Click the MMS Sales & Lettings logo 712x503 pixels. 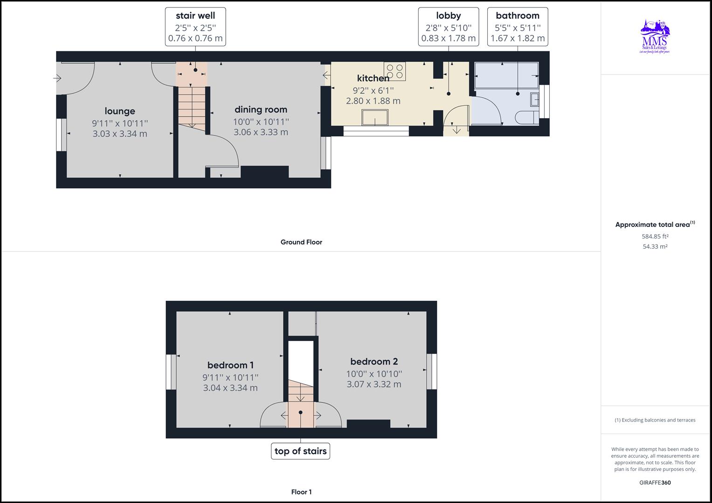[x=655, y=37]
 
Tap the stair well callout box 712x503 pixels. [x=195, y=27]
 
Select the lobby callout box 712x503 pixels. [x=448, y=27]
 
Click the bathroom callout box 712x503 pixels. [x=518, y=27]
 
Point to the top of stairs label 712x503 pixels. [x=300, y=451]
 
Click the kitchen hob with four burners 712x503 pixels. [x=394, y=71]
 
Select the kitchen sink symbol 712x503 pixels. [x=375, y=117]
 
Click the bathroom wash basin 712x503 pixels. [x=535, y=99]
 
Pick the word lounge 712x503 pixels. [x=120, y=111]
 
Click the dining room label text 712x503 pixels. [x=261, y=109]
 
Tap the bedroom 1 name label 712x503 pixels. [x=230, y=365]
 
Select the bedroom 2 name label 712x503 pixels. [x=374, y=361]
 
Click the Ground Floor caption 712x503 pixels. [x=301, y=242]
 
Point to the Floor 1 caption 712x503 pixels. [x=301, y=492]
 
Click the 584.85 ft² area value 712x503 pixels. [x=655, y=236]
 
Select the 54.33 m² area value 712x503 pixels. [x=655, y=246]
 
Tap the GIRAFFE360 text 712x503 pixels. [x=655, y=483]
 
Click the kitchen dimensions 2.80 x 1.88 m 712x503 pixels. [x=373, y=101]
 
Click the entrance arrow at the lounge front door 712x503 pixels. [x=57, y=79]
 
